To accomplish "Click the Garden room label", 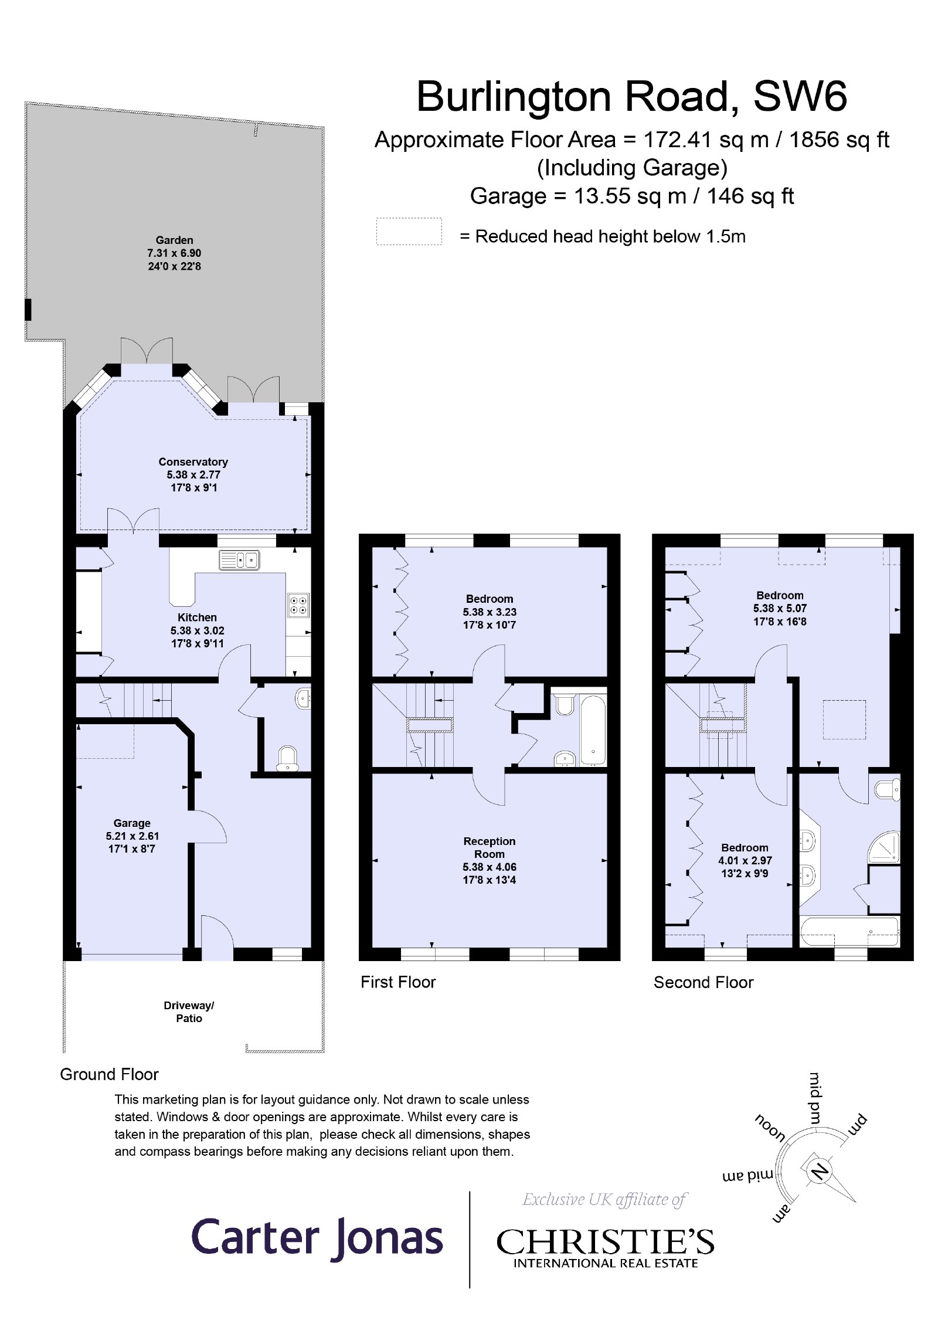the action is click(x=174, y=240).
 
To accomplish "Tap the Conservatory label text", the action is click(x=193, y=461).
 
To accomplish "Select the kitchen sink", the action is click(x=239, y=560).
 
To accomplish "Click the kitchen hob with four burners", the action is click(x=298, y=605).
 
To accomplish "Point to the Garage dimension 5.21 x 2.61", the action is click(x=132, y=836).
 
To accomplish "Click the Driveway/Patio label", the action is click(x=189, y=1012).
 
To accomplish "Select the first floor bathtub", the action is click(x=593, y=729).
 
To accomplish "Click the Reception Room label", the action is click(x=490, y=847).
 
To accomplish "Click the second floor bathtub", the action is click(x=849, y=932).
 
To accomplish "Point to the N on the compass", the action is click(x=819, y=1171).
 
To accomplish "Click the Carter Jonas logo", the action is click(x=317, y=1237).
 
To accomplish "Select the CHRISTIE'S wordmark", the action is click(x=605, y=1241).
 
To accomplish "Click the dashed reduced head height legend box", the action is click(x=409, y=231).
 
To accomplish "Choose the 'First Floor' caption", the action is click(x=398, y=982).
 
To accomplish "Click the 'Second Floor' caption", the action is click(x=703, y=982).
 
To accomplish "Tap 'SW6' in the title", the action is click(x=800, y=96).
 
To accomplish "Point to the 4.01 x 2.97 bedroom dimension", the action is click(x=745, y=860).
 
